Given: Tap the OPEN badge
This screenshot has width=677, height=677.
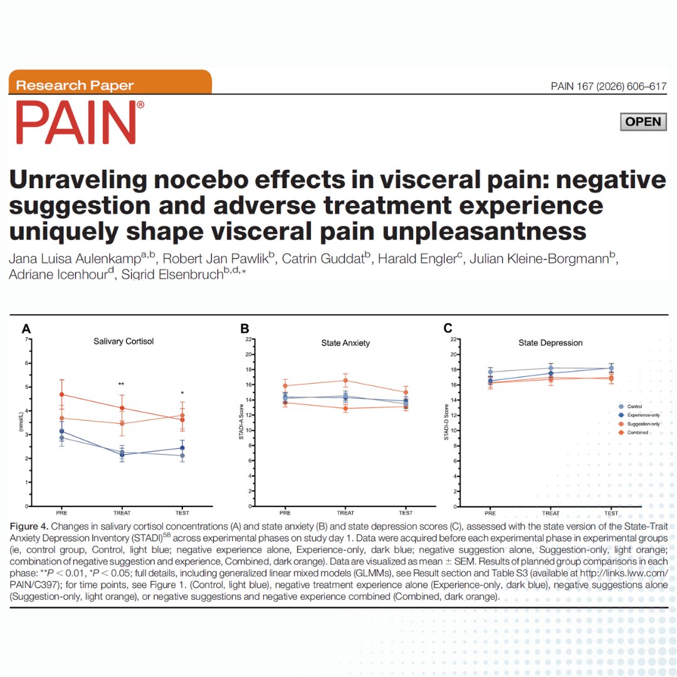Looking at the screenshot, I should [643, 122].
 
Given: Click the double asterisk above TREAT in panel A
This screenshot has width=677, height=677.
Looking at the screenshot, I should [121, 384].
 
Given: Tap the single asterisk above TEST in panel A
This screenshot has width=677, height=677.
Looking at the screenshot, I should [182, 394].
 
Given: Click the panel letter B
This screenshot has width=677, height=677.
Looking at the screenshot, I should [245, 328].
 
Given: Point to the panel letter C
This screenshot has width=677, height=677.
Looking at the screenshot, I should [448, 328].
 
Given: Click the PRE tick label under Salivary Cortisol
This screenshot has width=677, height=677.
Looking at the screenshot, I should [61, 513].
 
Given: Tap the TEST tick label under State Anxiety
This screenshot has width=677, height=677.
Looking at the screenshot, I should [406, 513].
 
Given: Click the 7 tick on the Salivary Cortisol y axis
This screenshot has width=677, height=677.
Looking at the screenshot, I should [26, 339].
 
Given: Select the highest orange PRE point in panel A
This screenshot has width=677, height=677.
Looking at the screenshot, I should [61, 394].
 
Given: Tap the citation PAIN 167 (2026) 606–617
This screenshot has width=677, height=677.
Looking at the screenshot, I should [608, 87].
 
